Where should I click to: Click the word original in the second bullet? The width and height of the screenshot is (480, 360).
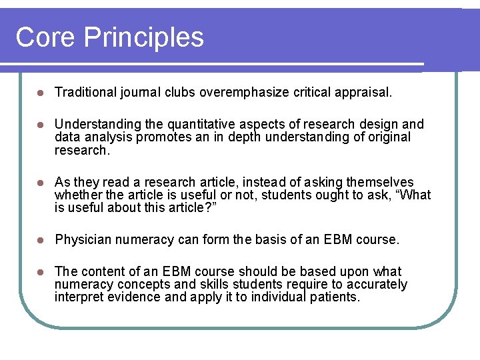[387, 137]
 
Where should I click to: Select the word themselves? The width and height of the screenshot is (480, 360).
[380, 183]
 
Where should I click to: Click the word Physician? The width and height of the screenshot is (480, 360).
[83, 239]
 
